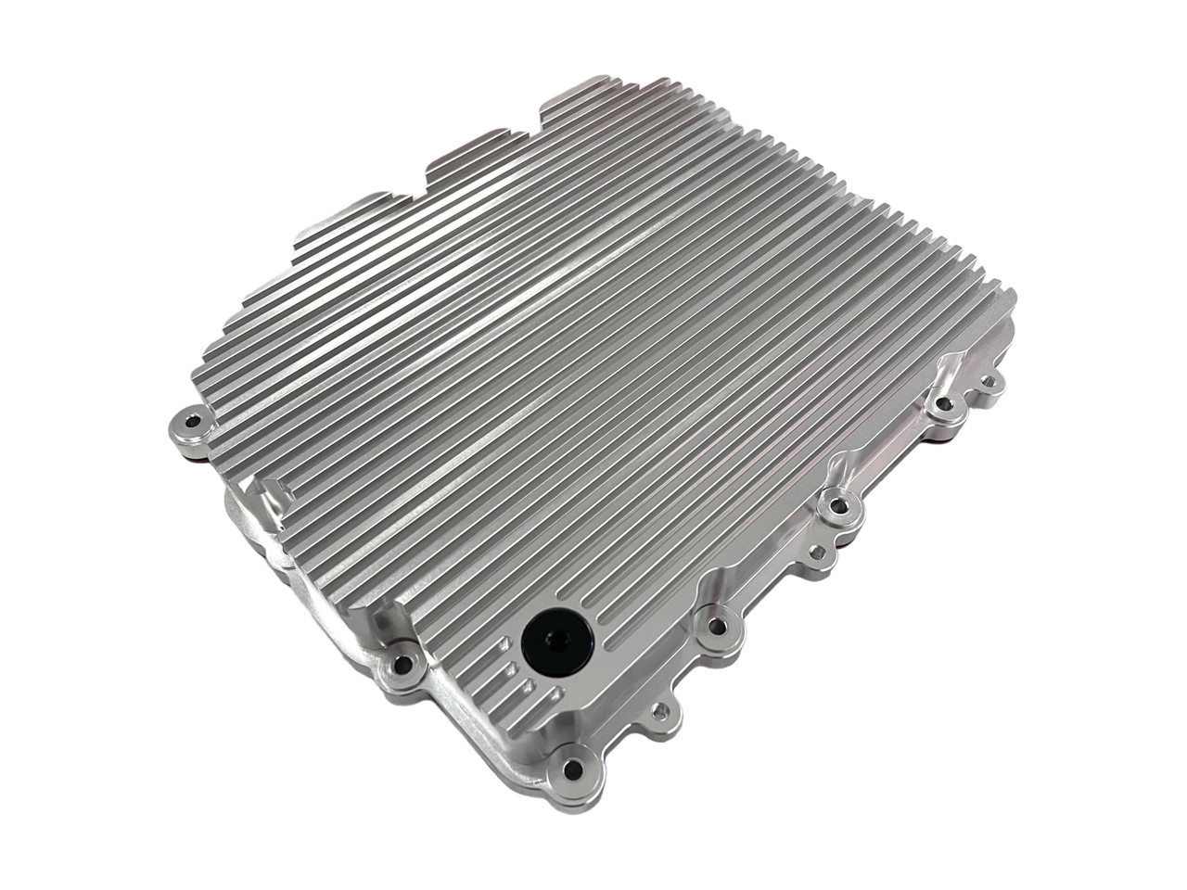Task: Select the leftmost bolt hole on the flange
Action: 192,422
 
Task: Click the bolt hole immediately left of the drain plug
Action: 402,662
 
